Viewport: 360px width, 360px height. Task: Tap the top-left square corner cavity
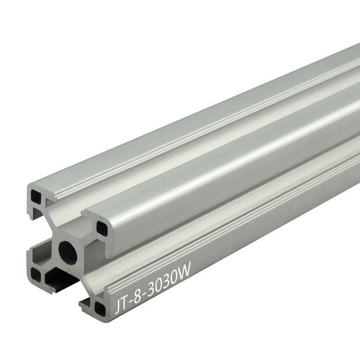36,196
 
